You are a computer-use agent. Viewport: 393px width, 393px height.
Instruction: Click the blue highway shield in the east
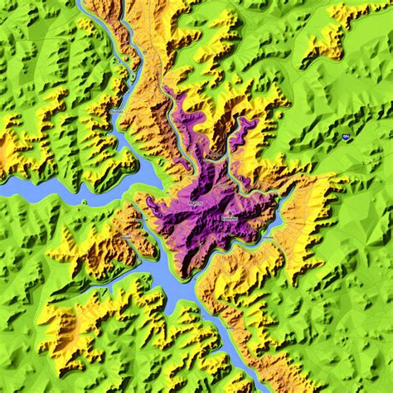(x=343, y=136)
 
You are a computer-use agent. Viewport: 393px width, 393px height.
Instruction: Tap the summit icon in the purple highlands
(x=225, y=211)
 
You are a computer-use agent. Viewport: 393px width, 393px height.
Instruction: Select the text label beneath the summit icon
(x=230, y=218)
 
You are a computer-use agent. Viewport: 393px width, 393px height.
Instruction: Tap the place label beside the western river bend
(x=116, y=109)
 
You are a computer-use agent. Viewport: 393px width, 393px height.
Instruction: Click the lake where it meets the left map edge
(x=3, y=188)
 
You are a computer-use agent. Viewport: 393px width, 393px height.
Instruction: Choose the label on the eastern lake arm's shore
(x=268, y=236)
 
